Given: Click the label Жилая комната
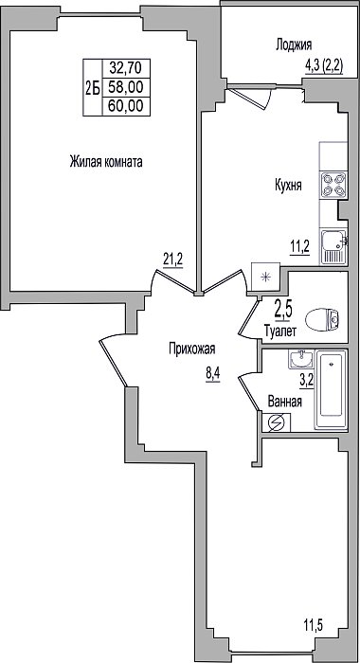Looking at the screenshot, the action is point(106,162).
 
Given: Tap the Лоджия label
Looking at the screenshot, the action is point(294,45).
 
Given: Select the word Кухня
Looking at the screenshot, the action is point(288,186).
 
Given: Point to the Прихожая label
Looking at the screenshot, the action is point(192,349).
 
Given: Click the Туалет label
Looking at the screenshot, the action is point(279,331).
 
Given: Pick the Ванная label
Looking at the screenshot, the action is point(285,402).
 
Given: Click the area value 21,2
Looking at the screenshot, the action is point(173,259).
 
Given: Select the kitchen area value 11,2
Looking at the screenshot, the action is point(299,245).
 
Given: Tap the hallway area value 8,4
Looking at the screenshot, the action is point(213,374).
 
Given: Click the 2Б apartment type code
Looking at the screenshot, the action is point(93,88).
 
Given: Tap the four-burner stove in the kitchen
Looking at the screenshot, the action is point(333,185).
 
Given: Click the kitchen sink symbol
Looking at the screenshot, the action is point(333,246).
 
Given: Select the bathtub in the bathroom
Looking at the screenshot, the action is point(332,390).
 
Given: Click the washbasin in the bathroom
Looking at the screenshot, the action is point(301,359).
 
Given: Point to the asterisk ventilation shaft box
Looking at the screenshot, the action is point(265,278).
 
